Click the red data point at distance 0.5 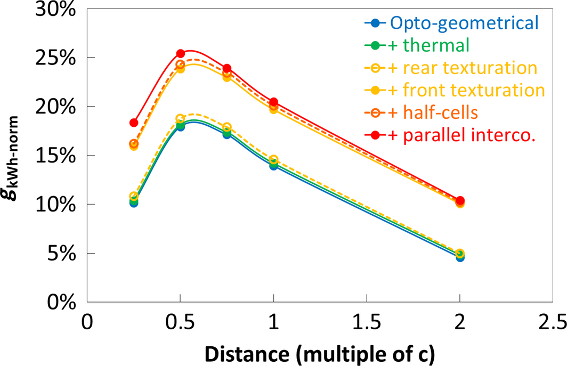coord(180,53)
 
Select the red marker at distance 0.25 coord(134,123)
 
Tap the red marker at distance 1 coord(273,102)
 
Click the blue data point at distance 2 coord(460,257)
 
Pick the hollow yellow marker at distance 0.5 coord(180,118)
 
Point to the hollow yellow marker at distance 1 coord(273,159)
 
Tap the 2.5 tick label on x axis coord(553,323)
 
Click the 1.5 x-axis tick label coord(366,323)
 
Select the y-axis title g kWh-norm coord(15,155)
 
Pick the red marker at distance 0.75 coord(227,68)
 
